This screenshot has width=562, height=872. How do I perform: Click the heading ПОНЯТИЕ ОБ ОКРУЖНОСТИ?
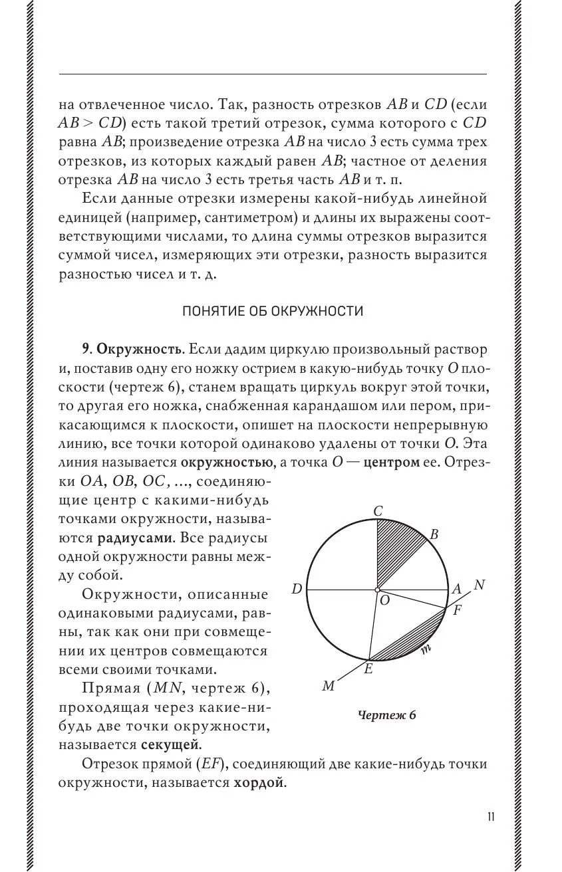[273, 312]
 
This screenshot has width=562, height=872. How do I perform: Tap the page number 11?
[490, 817]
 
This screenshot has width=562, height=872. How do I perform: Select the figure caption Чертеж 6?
[387, 715]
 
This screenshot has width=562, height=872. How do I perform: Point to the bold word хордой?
[259, 783]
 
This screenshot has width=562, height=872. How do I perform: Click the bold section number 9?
[85, 350]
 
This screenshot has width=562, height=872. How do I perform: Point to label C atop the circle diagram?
[378, 511]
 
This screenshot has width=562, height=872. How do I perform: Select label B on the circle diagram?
[434, 535]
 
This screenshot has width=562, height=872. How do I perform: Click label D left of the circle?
[297, 589]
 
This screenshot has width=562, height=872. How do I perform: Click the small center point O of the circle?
[377, 590]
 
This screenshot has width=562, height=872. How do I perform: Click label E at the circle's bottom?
[368, 669]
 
